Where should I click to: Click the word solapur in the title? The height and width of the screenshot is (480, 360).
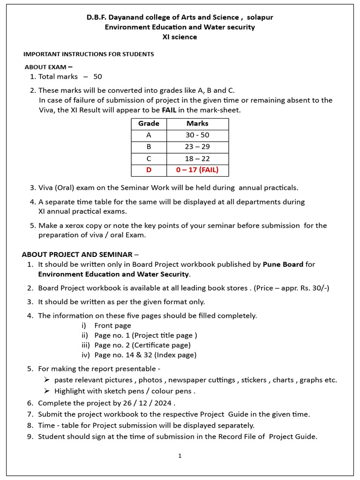click(260, 17)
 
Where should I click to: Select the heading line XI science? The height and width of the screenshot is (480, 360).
click(180, 37)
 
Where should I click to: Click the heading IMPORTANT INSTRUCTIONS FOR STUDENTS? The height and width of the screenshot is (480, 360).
click(89, 54)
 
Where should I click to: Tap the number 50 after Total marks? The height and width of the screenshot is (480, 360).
click(97, 76)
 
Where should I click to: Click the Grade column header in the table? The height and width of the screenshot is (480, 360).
click(149, 124)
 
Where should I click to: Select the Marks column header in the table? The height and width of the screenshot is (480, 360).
click(197, 124)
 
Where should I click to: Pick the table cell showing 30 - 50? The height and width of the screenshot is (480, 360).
click(197, 135)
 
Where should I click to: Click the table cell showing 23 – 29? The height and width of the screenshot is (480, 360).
click(197, 147)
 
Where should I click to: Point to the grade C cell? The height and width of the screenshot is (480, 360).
click(149, 159)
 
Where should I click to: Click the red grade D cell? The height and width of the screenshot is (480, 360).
click(149, 170)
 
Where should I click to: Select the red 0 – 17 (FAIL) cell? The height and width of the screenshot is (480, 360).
click(197, 170)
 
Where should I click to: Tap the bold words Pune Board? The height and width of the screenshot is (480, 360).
click(283, 264)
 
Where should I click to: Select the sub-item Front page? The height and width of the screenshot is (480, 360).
click(112, 326)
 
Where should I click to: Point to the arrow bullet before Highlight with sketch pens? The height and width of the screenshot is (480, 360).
click(47, 391)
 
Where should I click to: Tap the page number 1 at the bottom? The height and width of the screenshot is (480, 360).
click(180, 456)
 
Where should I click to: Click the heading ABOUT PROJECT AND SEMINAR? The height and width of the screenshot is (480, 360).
click(80, 255)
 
